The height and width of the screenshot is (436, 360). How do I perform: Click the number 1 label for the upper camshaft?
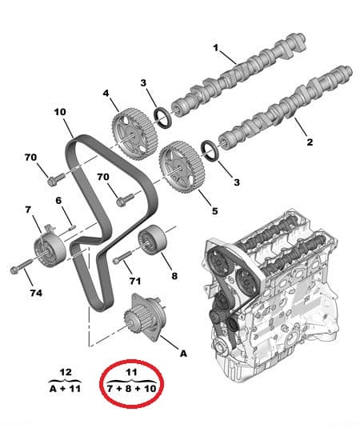[215, 49]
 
